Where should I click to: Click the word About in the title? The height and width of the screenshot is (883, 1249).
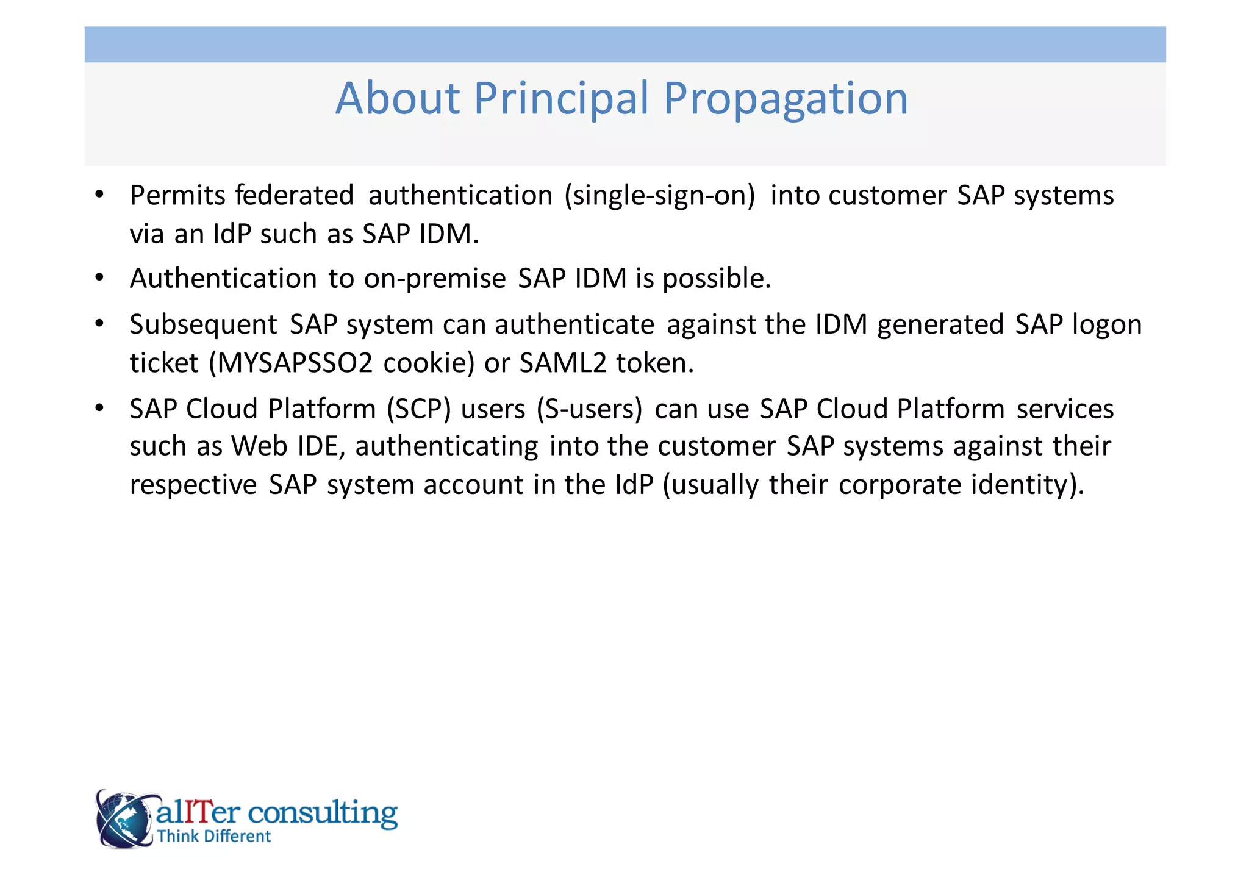coord(398,99)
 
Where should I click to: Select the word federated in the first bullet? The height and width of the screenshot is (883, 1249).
coord(294,196)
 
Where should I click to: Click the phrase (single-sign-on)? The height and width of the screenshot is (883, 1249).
coord(660,196)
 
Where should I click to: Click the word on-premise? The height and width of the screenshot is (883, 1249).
coord(435,279)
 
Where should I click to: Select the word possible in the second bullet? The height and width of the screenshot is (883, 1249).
coord(716,279)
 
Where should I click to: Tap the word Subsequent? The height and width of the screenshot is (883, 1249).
coord(203,324)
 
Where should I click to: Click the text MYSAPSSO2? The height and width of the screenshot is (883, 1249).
coord(295,363)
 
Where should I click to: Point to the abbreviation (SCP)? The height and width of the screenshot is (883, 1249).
coord(418,409)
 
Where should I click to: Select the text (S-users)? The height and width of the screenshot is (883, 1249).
coord(589,409)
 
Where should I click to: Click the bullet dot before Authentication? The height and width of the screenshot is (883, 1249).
coord(99,278)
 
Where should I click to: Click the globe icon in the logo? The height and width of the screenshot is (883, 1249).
coord(124,819)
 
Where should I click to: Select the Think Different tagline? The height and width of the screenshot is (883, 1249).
coord(213,836)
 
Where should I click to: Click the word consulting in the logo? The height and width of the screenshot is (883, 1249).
coord(323,813)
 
